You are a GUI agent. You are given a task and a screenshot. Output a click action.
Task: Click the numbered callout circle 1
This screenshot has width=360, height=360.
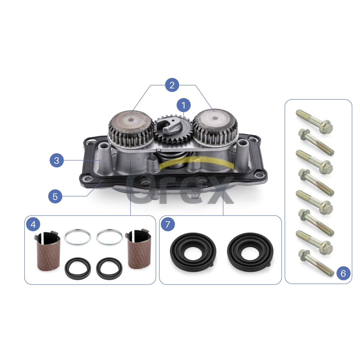click(184, 105)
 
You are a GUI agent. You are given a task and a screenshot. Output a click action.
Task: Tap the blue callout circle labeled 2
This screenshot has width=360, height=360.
click(172, 85)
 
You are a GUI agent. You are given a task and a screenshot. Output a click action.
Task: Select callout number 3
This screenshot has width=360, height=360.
click(57, 160)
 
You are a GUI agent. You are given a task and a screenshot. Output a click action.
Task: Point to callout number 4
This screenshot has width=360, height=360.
click(33, 224)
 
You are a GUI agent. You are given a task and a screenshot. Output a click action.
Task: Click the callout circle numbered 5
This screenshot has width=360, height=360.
click(55, 196)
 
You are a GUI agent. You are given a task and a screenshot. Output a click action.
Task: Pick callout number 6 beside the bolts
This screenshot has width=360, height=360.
click(343, 273)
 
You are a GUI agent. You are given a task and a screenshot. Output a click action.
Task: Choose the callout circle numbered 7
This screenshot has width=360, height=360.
click(168, 224)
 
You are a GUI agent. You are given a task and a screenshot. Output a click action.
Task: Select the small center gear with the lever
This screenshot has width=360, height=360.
click(173, 129)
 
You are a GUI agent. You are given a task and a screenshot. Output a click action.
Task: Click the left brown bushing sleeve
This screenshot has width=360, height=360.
click(48, 250)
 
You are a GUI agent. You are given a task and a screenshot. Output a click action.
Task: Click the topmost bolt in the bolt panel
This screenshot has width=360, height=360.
click(314, 121)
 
